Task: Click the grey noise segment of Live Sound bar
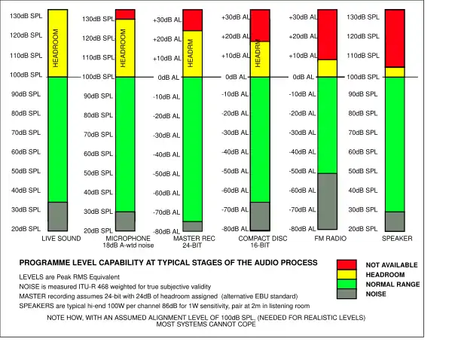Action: tap(58, 216)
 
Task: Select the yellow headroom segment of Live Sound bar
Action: tap(58, 43)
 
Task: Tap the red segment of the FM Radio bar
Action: tap(328, 34)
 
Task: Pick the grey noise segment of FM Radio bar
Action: tap(328, 200)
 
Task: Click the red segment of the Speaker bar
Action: tap(394, 38)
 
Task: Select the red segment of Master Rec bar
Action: tap(193, 20)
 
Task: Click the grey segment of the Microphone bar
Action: tap(125, 221)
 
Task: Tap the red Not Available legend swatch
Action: tap(347, 264)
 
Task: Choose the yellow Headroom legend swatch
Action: tap(347, 274)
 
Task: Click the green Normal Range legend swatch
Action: tap(347, 284)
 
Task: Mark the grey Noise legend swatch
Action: tap(347, 294)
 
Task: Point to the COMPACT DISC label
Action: tap(260, 239)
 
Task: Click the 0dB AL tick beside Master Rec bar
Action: tap(168, 78)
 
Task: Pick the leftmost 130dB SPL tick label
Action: tap(26, 16)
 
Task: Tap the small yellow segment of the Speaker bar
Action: tap(394, 72)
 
